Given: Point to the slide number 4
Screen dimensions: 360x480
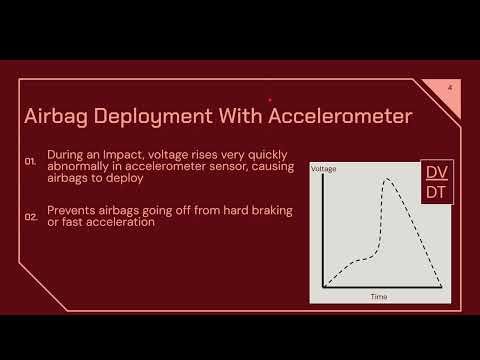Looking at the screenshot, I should coord(450,89).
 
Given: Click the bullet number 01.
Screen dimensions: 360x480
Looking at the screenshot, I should coord(31,160).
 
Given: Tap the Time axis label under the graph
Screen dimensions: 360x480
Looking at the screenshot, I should coord(379,297).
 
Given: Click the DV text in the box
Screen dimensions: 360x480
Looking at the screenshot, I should coord(438,171).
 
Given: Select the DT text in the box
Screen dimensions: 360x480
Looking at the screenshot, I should coord(438,191).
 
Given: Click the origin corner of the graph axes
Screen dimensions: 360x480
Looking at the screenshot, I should coord(323,287).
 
